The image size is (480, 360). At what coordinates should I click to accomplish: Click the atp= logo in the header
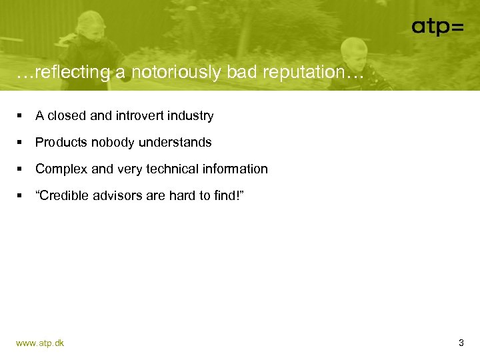pos(437,27)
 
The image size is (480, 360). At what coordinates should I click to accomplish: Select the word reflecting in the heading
pos(71,72)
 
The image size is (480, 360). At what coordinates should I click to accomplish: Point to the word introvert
pos(141,116)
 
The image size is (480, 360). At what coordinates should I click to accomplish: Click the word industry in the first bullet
pos(191,116)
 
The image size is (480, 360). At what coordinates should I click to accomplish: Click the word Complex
pos(61,169)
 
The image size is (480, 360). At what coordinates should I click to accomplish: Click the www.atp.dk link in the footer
pos(40,343)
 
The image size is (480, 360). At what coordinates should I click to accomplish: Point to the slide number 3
pos(461,343)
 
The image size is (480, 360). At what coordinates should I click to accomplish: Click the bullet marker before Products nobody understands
pos(20,143)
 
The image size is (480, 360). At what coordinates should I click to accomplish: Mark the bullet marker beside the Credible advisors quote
pos(20,196)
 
